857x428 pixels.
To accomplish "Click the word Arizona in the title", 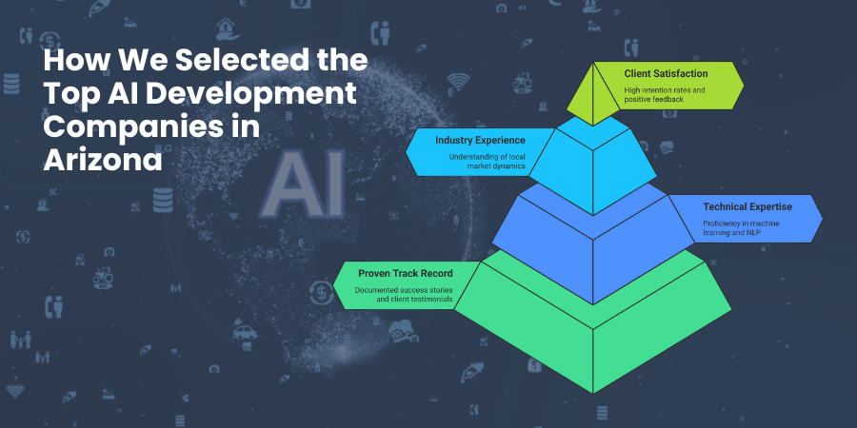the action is click(x=103, y=161).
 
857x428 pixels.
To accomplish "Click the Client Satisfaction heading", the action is click(x=666, y=73).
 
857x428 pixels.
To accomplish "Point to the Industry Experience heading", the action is click(x=480, y=141).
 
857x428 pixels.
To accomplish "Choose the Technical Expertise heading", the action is click(x=747, y=207).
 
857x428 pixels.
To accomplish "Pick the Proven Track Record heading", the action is click(x=405, y=273).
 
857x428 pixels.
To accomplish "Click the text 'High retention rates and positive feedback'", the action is click(x=657, y=94).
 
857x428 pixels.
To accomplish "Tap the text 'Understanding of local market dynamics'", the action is click(x=487, y=161).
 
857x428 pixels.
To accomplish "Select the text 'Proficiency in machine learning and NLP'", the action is click(x=741, y=228).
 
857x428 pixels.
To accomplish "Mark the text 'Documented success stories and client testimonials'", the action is click(x=404, y=294).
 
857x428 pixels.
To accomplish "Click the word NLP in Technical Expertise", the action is click(x=755, y=233).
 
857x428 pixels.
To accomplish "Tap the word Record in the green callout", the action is click(x=437, y=273).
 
